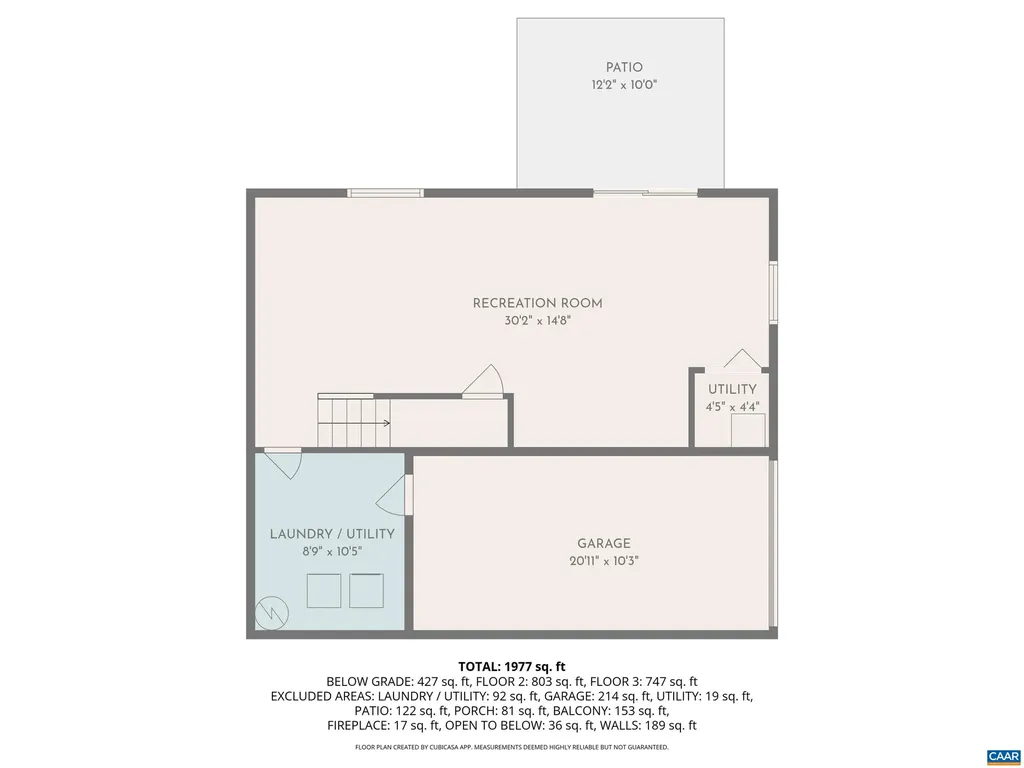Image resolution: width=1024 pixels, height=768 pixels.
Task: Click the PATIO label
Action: point(623,68)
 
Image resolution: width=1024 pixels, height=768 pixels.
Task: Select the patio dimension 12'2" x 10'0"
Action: point(623,86)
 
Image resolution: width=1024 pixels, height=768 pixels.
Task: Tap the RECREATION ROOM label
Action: point(537,303)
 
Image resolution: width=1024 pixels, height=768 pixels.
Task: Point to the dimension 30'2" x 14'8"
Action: point(537,321)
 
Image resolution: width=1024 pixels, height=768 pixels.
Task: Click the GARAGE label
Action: point(603,544)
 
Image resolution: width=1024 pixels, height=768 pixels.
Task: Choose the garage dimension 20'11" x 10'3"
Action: point(603,562)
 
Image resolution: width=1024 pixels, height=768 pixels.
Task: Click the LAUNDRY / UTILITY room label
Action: point(332,534)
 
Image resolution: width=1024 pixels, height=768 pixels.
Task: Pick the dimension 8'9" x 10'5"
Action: point(332,551)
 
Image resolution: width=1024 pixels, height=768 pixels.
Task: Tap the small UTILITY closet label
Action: point(732,389)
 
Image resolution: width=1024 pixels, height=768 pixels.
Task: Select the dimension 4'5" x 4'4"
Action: point(732,407)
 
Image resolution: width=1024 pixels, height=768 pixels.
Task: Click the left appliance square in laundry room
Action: point(323,591)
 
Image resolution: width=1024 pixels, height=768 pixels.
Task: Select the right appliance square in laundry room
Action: point(367,591)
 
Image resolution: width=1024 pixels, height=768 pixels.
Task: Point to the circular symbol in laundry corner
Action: point(269,611)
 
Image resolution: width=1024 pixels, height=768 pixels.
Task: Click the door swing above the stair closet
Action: point(484,382)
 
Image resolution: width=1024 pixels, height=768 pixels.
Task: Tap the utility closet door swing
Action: point(743,360)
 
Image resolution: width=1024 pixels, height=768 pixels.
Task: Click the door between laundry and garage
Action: point(399,495)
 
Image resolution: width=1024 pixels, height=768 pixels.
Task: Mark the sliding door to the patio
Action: point(645,192)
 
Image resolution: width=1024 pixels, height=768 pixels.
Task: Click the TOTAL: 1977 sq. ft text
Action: point(512,666)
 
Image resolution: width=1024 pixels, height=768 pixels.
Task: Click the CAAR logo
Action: point(1002,755)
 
